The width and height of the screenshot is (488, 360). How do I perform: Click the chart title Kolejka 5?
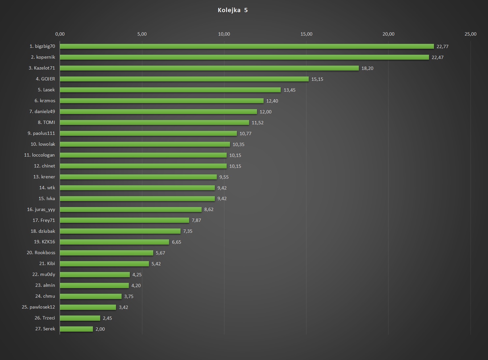tap(233, 10)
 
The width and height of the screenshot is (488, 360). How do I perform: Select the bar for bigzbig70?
tap(246, 46)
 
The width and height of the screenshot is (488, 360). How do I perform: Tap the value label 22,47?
tap(438, 57)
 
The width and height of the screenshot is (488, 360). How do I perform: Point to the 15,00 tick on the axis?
tap(306, 34)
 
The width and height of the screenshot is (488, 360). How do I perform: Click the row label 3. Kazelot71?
tap(42, 68)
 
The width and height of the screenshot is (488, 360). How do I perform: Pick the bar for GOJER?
tap(184, 79)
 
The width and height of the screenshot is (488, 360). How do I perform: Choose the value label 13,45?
tap(289, 90)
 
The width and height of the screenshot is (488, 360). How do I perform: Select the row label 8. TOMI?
tap(46, 122)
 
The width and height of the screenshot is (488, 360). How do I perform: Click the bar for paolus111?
tap(148, 134)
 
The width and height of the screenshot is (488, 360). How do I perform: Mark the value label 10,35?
tap(239, 144)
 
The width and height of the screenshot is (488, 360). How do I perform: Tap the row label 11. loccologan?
tap(40, 155)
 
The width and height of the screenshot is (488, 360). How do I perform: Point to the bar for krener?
tap(138, 177)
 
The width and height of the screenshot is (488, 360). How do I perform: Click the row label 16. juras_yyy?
tap(41, 209)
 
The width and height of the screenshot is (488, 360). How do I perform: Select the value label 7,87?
tap(196, 220)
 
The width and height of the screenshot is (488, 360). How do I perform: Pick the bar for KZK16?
tap(114, 242)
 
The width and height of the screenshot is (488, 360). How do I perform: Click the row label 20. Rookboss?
tap(41, 253)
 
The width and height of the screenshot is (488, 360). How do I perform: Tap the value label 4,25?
tap(137, 275)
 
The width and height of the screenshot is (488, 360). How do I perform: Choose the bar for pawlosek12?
tap(88, 307)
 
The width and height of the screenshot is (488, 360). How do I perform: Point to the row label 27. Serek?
tap(45, 329)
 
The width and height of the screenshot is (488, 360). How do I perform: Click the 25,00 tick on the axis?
tap(471, 34)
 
